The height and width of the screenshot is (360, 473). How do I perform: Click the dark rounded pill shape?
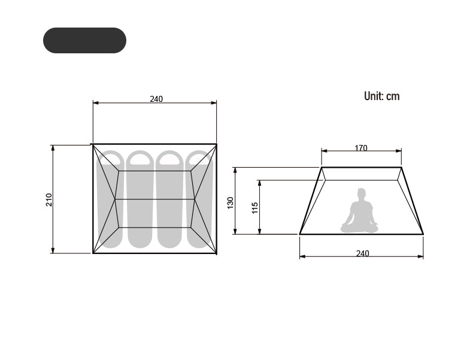pos(84,41)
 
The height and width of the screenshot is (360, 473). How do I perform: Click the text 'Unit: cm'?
pos(381,96)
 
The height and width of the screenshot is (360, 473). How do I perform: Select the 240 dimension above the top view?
pos(156,99)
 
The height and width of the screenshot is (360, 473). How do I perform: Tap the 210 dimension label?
pos(49,199)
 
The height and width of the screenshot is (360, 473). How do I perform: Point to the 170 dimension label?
pos(361,148)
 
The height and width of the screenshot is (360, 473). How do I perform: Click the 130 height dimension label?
pos(231,203)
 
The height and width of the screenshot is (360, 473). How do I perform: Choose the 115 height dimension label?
pos(255,208)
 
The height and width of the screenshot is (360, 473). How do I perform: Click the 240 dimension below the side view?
pos(362,253)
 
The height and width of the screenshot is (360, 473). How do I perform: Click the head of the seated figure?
pos(362,193)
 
